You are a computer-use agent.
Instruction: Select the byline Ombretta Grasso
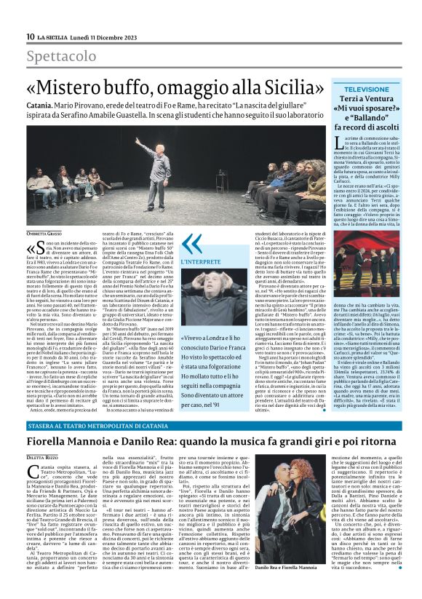tap(44, 232)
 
